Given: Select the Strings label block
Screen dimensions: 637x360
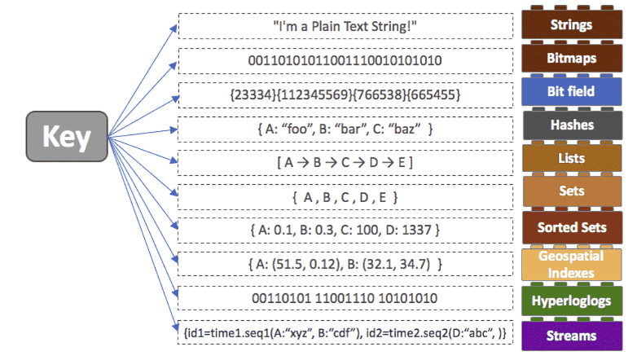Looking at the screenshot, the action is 571,24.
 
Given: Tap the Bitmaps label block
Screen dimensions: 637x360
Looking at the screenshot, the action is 571,59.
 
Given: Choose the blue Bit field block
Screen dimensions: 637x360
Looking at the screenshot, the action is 571,91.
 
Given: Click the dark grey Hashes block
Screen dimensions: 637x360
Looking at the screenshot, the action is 571,125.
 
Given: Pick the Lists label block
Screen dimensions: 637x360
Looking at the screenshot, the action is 571,159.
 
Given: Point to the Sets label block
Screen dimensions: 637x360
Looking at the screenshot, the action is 571,193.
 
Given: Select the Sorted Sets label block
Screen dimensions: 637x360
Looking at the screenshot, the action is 571,227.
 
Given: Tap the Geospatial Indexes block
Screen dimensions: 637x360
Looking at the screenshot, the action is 571,264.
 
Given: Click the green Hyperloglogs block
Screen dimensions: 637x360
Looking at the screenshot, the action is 571,300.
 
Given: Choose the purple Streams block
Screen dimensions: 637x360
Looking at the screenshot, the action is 571,335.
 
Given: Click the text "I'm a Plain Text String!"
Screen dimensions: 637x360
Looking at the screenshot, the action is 345,25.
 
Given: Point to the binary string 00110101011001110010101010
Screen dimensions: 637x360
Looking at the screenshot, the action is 345,60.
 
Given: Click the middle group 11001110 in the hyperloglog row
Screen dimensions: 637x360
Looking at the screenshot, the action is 345,298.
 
